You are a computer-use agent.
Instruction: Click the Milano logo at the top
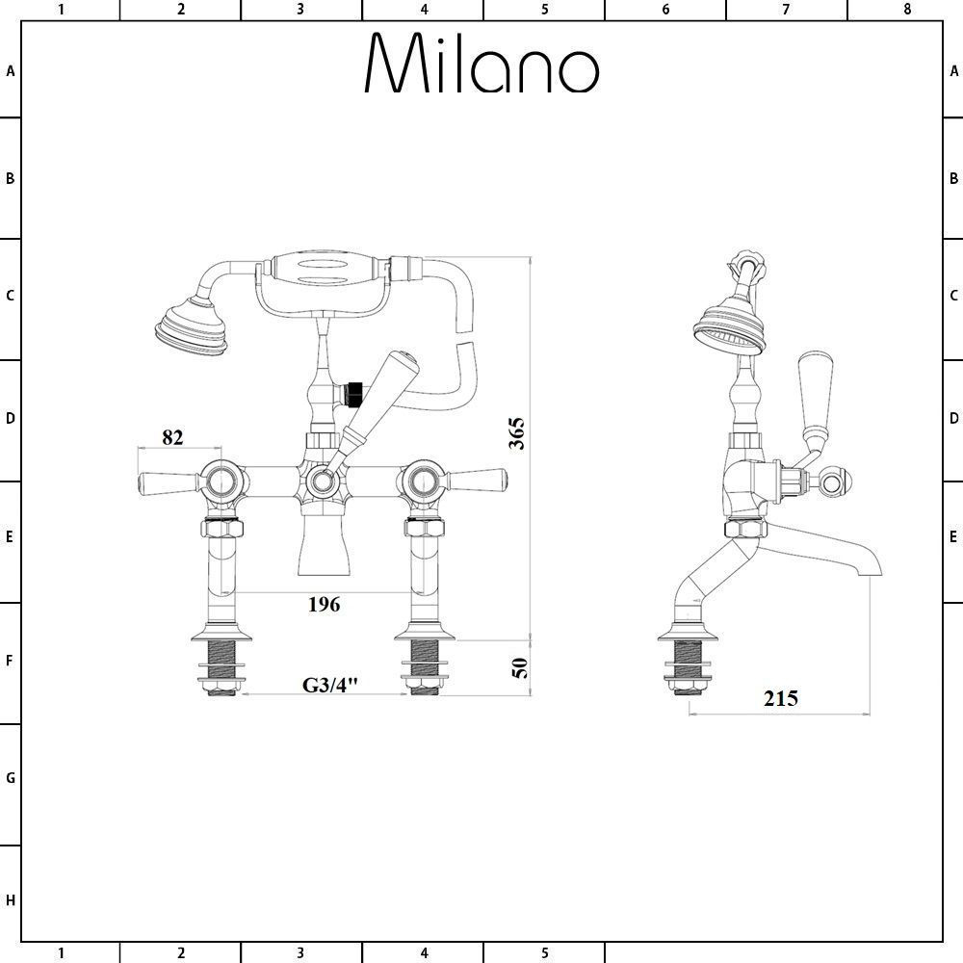(482, 63)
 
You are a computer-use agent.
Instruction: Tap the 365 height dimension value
(517, 433)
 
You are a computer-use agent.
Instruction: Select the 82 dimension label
(172, 437)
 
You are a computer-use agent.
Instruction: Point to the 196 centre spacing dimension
(324, 605)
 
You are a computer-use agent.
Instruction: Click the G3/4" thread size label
(329, 685)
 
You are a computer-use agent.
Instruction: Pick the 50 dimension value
(520, 667)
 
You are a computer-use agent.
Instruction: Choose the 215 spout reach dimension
(781, 698)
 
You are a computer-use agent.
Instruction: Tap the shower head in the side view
(730, 325)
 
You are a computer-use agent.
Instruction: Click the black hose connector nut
(354, 394)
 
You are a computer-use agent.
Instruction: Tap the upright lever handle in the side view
(816, 394)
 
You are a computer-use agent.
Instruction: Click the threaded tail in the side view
(688, 667)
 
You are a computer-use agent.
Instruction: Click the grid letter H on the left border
(10, 901)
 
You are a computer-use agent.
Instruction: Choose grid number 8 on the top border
(907, 9)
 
